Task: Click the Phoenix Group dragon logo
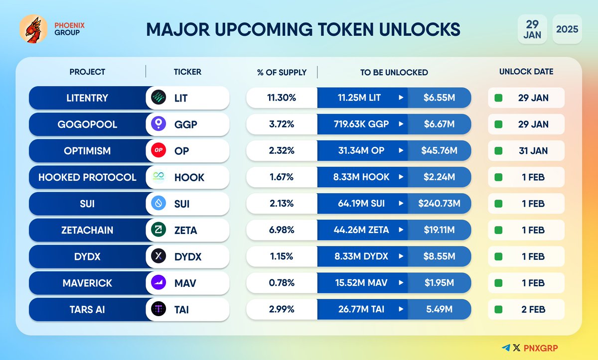(x=33, y=28)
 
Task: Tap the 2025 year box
(x=567, y=29)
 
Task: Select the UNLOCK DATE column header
(x=526, y=72)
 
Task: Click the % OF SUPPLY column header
(x=282, y=72)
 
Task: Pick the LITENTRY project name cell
(x=87, y=98)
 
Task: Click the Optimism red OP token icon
(x=159, y=150)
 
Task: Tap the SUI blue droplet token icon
(x=159, y=203)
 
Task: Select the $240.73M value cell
(x=439, y=203)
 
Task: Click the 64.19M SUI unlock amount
(x=361, y=203)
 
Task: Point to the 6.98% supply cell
(x=282, y=230)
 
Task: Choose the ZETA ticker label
(x=185, y=230)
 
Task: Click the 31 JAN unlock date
(x=533, y=150)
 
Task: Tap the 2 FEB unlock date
(x=533, y=309)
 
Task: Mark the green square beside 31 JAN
(x=498, y=150)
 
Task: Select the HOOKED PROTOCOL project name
(x=87, y=177)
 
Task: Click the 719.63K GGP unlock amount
(x=361, y=124)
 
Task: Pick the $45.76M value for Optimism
(x=439, y=150)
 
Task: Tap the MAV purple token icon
(x=159, y=283)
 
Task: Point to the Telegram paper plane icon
(x=506, y=348)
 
